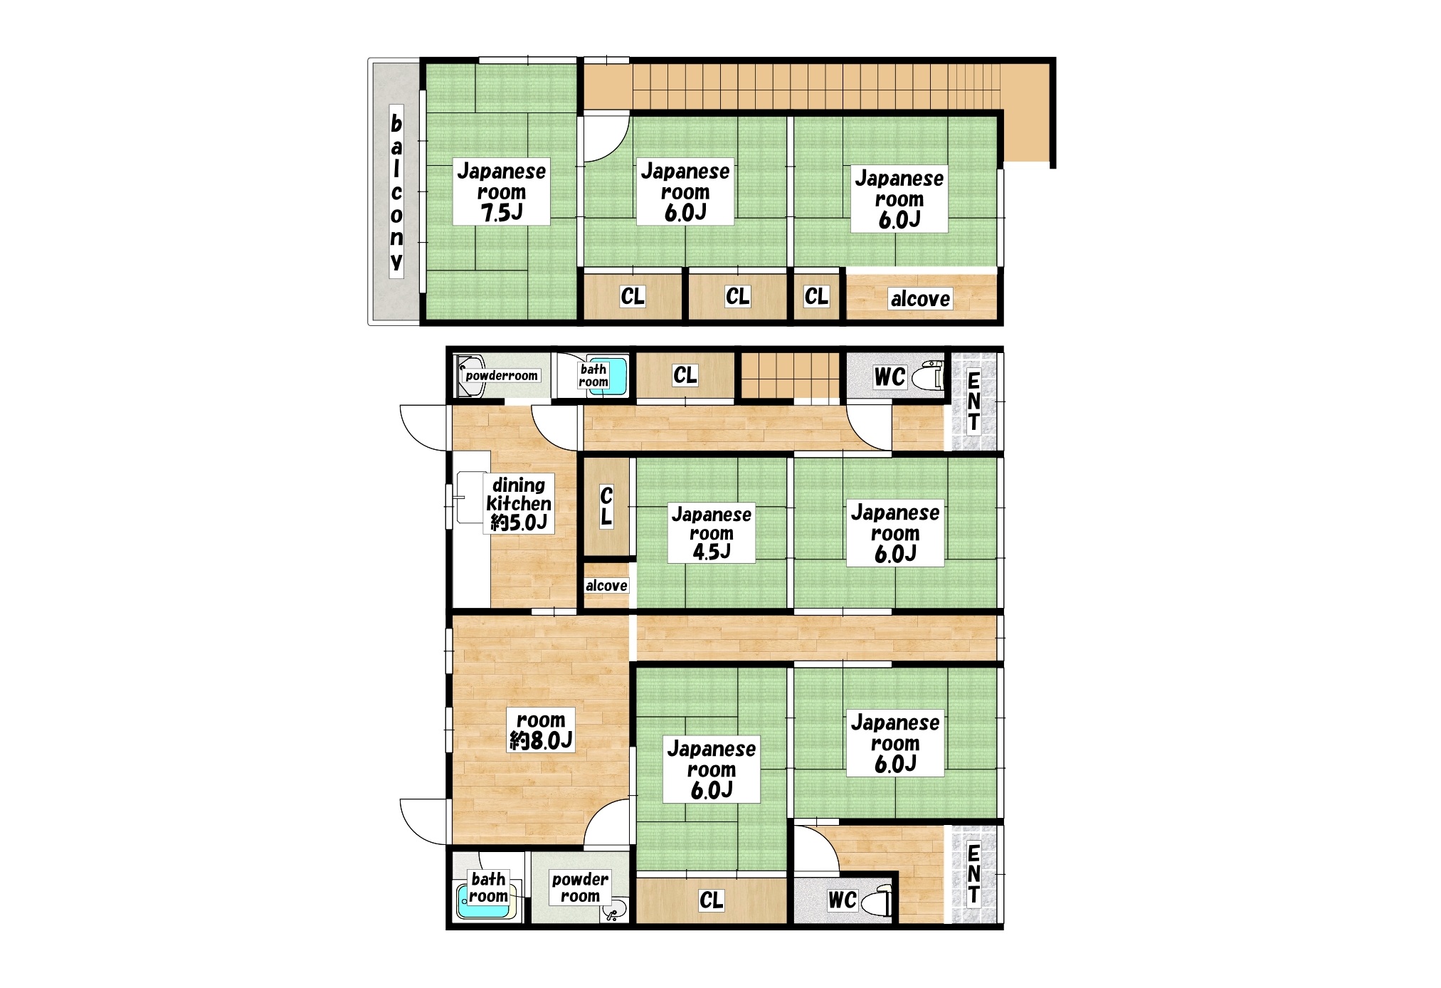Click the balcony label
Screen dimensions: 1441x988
coord(396,192)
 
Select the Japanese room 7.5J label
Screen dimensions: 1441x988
coord(501,191)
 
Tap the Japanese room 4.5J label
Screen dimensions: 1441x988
coord(711,533)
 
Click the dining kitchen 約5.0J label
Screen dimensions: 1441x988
coord(519,504)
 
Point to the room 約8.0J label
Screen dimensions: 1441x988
coord(541,730)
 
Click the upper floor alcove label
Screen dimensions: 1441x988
coord(920,298)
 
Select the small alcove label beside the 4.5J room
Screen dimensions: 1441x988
coord(606,585)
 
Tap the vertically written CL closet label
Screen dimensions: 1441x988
coord(606,505)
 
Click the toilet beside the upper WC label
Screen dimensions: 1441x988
coord(927,375)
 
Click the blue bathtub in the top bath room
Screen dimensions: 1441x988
coord(613,376)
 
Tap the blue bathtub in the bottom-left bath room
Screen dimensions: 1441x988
coord(483,900)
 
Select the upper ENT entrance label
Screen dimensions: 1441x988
coord(973,401)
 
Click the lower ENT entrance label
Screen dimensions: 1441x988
coord(973,873)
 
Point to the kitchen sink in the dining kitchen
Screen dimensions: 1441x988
coord(470,497)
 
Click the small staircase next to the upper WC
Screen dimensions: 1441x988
coord(790,375)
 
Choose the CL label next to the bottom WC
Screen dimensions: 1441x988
coord(711,900)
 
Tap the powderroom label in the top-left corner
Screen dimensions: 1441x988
coord(502,376)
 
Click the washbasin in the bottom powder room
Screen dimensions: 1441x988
coord(616,909)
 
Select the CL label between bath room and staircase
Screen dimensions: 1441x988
coord(685,374)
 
